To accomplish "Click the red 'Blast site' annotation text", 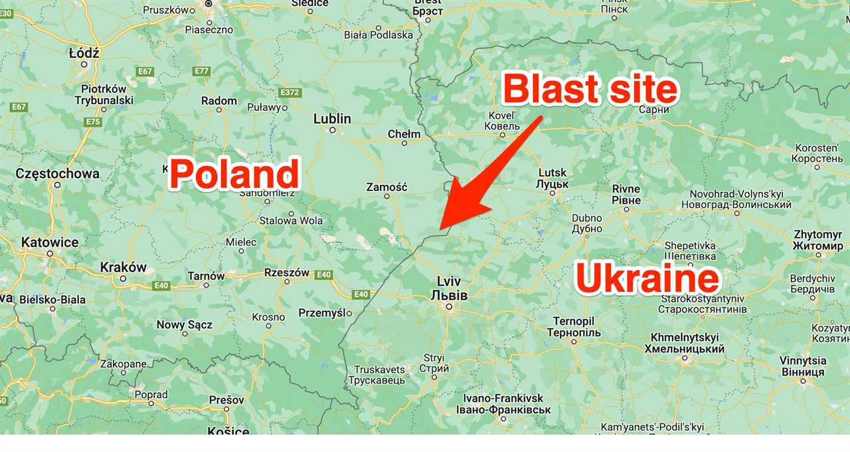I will click(590, 90).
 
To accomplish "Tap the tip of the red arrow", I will click(440, 232).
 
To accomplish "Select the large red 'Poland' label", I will click(233, 175).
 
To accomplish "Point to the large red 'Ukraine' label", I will click(647, 279).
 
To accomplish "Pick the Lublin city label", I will click(332, 119).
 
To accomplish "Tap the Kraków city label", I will click(123, 267).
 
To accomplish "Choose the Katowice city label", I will click(50, 242).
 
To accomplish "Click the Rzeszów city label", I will click(287, 272).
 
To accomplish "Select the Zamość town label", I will click(386, 187).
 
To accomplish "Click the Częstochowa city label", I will click(57, 174).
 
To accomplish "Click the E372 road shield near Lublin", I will click(290, 92).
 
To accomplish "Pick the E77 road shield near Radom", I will click(202, 71).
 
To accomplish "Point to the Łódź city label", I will click(84, 53).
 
